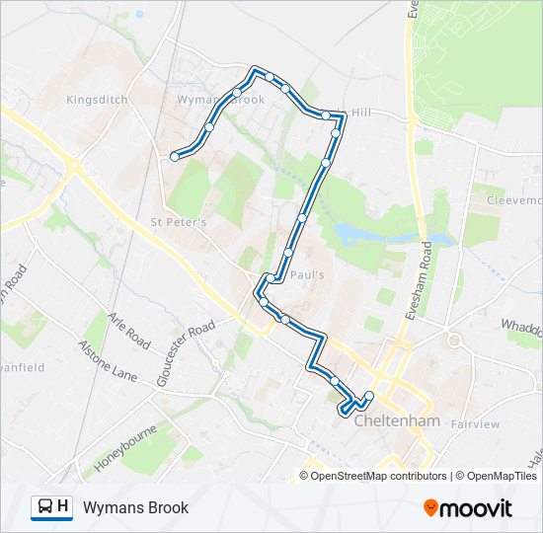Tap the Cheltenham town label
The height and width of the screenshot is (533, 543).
(395, 420)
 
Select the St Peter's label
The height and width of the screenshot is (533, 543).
(178, 222)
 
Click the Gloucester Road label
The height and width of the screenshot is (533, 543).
(185, 353)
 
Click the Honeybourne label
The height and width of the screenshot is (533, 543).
(126, 448)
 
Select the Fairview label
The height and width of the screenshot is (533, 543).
(475, 424)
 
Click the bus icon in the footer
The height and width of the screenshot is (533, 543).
(45, 507)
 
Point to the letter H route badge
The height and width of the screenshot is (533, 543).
(63, 507)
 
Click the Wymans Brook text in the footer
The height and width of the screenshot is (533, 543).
(135, 508)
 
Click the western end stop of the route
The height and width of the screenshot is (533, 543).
(175, 156)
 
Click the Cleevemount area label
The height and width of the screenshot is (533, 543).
(513, 199)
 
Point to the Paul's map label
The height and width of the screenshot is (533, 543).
(307, 275)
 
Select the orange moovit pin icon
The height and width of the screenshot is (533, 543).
(431, 508)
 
